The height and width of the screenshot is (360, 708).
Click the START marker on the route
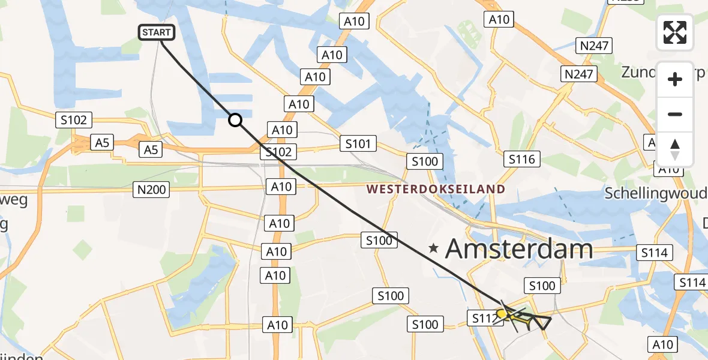(x=157, y=32)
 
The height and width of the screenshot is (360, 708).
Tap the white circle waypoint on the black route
(x=235, y=121)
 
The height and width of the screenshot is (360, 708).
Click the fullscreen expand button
(x=675, y=32)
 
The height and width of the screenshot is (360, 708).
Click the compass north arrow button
(x=675, y=149)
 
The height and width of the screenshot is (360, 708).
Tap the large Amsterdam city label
(x=519, y=248)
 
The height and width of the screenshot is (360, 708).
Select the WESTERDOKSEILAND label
(x=436, y=190)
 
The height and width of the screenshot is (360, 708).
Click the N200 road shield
(x=151, y=190)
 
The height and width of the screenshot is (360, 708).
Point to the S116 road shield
(x=521, y=159)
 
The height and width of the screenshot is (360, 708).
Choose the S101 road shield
(x=358, y=143)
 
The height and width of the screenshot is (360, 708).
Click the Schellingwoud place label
(x=656, y=193)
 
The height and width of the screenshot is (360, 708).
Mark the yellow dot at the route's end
(x=502, y=313)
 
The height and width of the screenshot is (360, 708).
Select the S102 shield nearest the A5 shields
(x=73, y=120)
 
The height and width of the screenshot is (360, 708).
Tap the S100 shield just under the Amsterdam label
(x=542, y=286)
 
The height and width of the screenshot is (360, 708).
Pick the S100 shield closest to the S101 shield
(x=425, y=161)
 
